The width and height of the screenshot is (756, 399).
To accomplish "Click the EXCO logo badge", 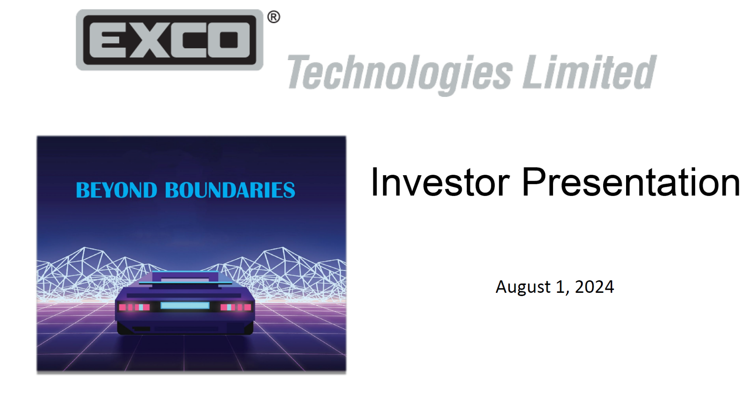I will click(x=169, y=40).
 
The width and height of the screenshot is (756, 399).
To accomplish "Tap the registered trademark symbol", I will click(x=274, y=17).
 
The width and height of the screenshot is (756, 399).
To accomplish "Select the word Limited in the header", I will click(x=589, y=72).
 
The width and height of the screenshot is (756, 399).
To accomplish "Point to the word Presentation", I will click(x=631, y=183).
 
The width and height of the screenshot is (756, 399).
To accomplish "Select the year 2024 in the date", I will click(x=594, y=287).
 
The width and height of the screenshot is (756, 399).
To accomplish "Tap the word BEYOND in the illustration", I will click(x=116, y=191).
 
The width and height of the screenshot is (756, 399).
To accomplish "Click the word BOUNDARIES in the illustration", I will click(x=230, y=191).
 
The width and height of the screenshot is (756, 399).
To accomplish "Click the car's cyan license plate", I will click(x=185, y=305).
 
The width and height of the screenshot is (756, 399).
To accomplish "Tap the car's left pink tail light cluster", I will click(x=134, y=307).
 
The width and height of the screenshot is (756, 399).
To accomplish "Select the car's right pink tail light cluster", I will click(x=236, y=307).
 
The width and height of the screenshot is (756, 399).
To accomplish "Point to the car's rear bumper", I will click(x=185, y=328).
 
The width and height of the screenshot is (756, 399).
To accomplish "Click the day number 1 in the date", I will click(x=560, y=287).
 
